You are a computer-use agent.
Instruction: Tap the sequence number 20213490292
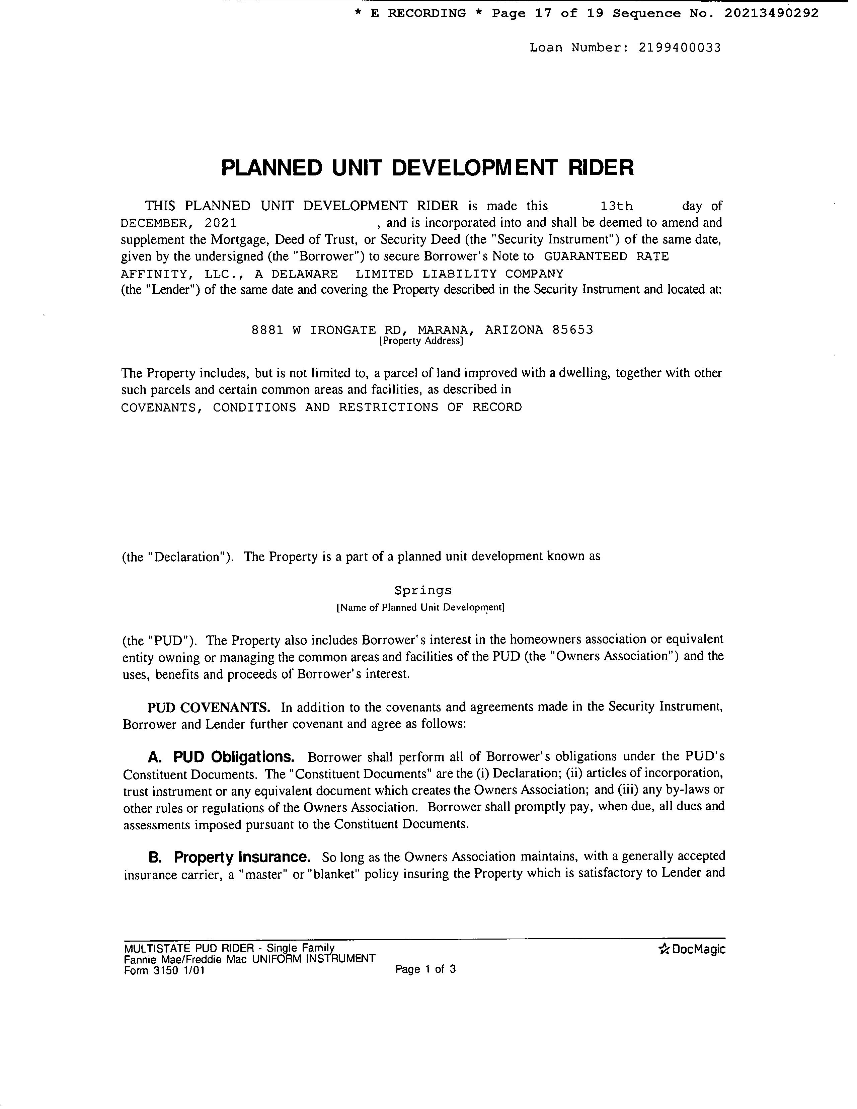pyautogui.click(x=771, y=13)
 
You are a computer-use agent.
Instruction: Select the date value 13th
pyautogui.click(x=616, y=206)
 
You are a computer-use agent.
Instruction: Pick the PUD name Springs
pyautogui.click(x=423, y=591)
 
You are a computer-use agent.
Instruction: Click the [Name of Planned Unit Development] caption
pyautogui.click(x=420, y=607)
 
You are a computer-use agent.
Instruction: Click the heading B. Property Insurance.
pyautogui.click(x=229, y=858)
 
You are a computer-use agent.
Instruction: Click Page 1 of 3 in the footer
pyautogui.click(x=425, y=969)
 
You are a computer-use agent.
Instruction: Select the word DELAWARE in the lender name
pyautogui.click(x=304, y=274)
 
